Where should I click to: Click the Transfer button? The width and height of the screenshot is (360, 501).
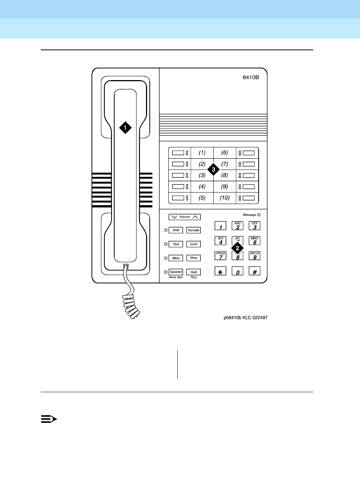point(194,230)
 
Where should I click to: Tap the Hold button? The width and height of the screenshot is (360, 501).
point(194,272)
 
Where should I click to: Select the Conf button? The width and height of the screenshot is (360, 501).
point(194,244)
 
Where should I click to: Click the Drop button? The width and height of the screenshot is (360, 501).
point(194,258)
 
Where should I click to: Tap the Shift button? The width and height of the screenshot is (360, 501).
point(176,230)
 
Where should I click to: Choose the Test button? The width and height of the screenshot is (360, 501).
point(176,244)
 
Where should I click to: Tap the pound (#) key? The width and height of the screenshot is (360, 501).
point(254,271)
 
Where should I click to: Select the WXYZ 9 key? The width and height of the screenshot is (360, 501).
point(254,256)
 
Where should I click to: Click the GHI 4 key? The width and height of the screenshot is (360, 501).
point(220,241)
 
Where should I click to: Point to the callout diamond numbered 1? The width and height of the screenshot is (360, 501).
point(125,127)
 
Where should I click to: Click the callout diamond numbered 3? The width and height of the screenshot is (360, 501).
point(213,170)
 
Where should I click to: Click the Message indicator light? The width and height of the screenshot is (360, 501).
point(259,215)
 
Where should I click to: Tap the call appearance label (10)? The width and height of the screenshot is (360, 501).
point(225,198)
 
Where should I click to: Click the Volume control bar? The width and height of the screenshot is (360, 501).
point(185,217)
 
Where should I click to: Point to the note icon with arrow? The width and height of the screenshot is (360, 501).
point(48,419)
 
